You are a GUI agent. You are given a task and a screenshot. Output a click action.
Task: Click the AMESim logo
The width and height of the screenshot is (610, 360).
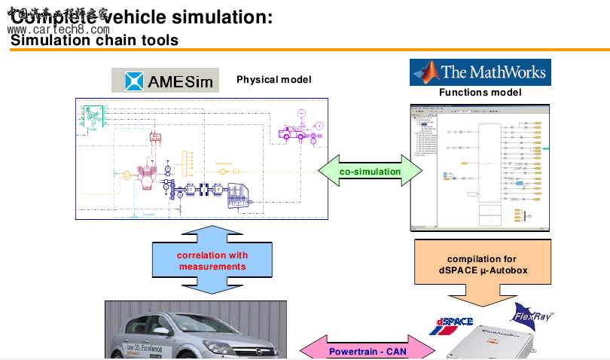pyautogui.click(x=166, y=80)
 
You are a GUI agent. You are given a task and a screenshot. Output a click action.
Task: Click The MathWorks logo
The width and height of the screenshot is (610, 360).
pyautogui.click(x=480, y=72)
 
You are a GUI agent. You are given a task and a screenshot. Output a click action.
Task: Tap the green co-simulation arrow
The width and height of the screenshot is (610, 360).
pyautogui.click(x=370, y=172)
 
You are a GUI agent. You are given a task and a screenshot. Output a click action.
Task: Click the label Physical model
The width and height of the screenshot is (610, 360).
pyautogui.click(x=273, y=80)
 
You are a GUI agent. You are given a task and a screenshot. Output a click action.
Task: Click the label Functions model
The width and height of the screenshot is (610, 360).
pyautogui.click(x=480, y=93)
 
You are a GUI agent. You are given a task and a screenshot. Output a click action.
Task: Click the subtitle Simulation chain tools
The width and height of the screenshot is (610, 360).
pyautogui.click(x=94, y=40)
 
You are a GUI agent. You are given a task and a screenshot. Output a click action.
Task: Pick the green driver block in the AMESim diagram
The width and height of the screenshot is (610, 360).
pyautogui.click(x=94, y=117)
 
